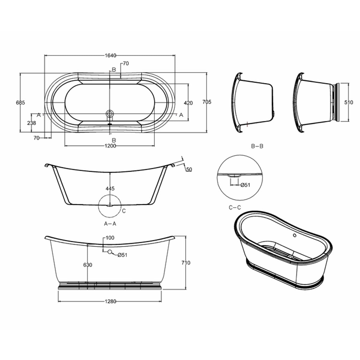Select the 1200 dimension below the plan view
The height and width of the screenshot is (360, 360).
point(110,146)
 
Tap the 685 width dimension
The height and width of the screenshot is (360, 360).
point(20,102)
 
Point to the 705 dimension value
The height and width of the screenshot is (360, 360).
point(207,102)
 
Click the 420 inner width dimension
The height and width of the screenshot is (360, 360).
point(188,103)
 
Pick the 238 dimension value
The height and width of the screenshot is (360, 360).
point(31,123)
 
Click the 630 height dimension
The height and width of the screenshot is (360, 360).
point(88,265)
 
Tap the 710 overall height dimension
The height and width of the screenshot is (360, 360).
point(186,263)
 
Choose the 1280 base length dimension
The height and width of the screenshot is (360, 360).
point(111,301)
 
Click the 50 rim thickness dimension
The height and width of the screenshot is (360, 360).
point(189,169)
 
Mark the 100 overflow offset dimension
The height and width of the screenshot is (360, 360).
point(110,238)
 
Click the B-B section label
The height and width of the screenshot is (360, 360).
point(257,146)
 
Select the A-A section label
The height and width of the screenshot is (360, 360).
point(110,223)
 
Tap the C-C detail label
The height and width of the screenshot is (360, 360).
point(235,207)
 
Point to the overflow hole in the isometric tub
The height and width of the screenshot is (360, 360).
point(294,235)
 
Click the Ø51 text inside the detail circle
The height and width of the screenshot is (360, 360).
point(245,185)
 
